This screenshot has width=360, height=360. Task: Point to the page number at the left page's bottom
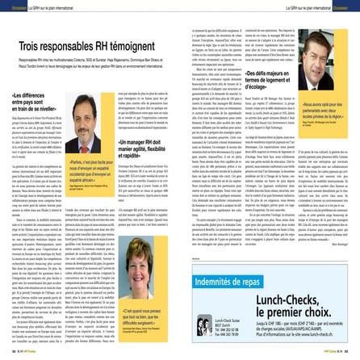(x=6, y=356)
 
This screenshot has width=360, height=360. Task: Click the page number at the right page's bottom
(x=354, y=356)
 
